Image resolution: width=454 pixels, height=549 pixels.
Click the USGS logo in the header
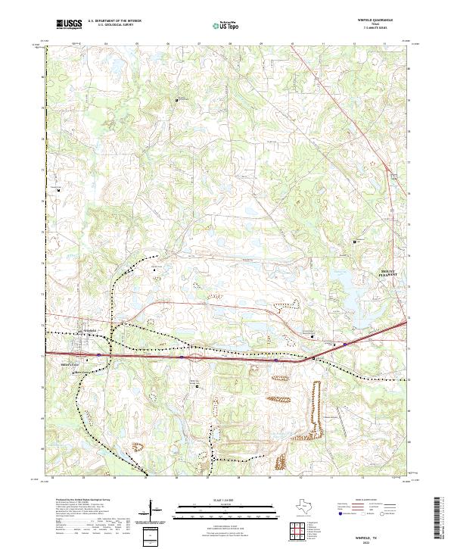[x=70, y=24]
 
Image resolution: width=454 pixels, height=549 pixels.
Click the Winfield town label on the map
[x=90, y=331]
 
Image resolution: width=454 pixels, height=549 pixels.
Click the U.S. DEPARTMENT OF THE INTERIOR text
[x=114, y=21]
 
